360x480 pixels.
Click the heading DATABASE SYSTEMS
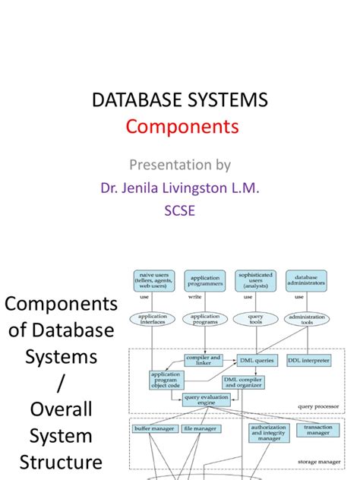click(x=181, y=101)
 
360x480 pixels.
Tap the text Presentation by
click(x=181, y=165)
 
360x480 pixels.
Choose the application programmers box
click(x=204, y=279)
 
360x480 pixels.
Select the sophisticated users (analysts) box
click(x=255, y=279)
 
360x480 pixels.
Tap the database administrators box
click(x=307, y=279)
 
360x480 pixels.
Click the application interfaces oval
click(x=152, y=320)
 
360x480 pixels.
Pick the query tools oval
click(x=255, y=320)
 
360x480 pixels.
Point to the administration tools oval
click(x=307, y=320)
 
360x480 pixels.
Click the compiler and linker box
click(x=204, y=358)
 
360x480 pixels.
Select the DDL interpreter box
click(x=308, y=359)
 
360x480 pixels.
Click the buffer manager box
click(x=151, y=429)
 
